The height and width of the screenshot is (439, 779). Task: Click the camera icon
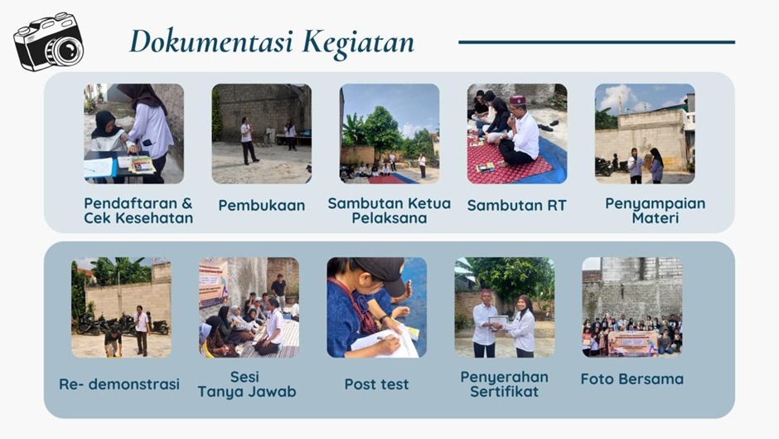49,41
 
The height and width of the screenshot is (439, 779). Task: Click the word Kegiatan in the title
358,41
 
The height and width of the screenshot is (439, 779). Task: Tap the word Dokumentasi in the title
211,41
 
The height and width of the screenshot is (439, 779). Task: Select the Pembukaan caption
262,205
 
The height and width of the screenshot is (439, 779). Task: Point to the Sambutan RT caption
516,205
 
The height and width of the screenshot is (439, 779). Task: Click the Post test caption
376,384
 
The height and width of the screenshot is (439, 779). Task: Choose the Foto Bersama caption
632,378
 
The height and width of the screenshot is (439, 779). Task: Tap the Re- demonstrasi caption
119,384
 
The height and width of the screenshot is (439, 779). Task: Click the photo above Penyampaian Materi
645,134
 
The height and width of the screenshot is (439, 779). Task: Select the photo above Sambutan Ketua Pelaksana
389,134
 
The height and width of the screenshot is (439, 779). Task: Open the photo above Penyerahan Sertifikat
504,307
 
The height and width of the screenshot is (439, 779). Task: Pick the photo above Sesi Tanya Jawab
249,307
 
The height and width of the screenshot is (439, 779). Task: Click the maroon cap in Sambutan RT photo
517,100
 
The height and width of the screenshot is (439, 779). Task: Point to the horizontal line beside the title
597,42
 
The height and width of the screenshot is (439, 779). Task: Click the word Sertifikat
504,392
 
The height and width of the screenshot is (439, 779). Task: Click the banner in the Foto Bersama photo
633,343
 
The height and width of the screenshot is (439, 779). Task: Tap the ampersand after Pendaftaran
186,203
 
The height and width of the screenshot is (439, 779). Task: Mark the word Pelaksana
389,218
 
